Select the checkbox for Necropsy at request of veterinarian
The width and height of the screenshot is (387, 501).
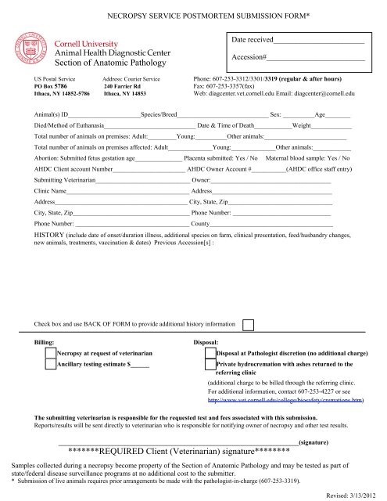tap(51, 354)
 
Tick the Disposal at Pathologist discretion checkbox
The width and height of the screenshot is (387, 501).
tap(210, 354)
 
